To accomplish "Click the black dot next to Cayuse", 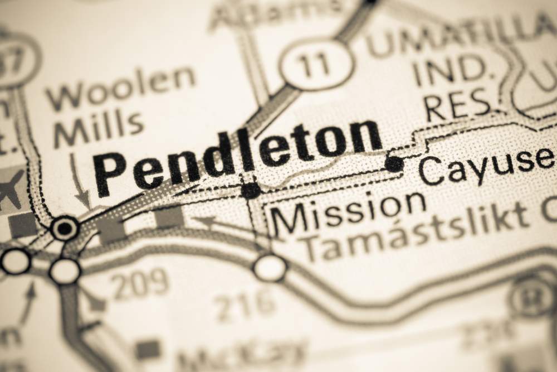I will pos(394,163).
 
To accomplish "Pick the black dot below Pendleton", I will pos(251,190).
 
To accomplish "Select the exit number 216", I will pos(245,304).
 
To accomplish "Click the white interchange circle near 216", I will pos(270,268).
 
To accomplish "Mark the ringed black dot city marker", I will pos(65,228).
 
